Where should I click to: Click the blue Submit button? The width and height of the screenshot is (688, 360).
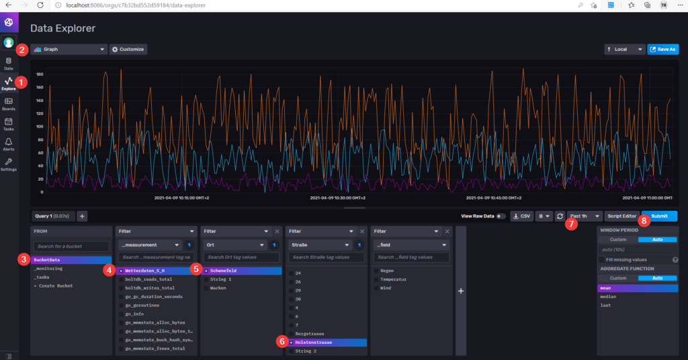coord(659,216)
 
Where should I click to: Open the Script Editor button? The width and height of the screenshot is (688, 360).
coord(621,216)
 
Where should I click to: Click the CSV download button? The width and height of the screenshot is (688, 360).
coord(521,216)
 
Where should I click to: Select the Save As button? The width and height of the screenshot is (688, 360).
coord(662,49)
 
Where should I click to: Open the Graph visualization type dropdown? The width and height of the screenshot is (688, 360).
coord(69,49)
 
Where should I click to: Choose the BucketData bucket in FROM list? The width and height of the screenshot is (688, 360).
coord(71,259)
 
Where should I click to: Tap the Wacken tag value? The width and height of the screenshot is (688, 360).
coord(219,287)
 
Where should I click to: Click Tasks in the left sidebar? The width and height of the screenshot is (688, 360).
coord(9,124)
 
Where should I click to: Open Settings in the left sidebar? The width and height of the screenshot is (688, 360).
coord(9,165)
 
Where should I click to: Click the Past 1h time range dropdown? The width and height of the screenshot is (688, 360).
coord(583,216)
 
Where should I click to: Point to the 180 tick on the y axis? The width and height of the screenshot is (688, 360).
coord(40,75)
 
